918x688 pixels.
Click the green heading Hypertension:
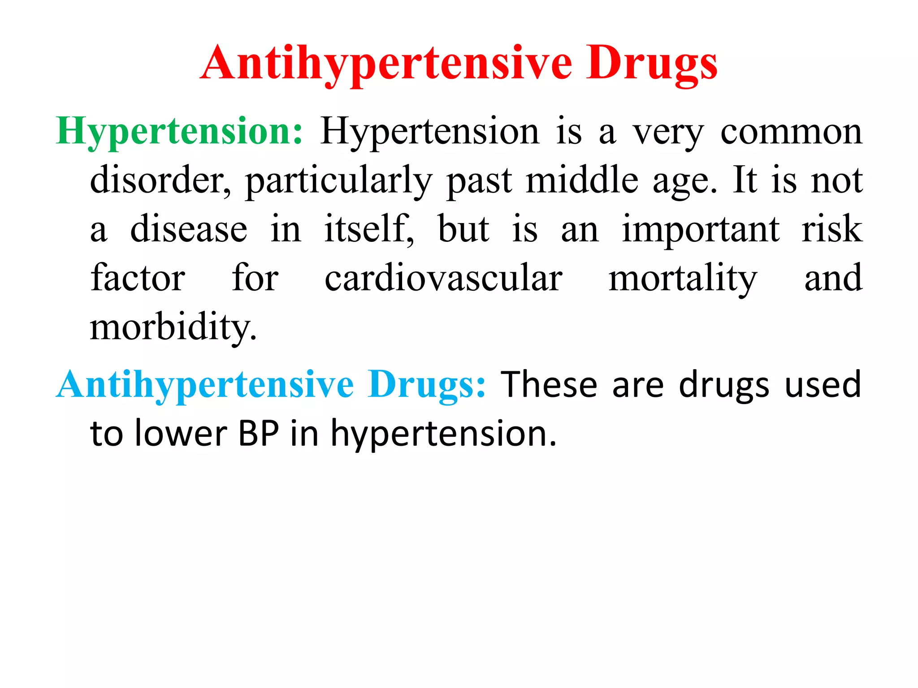pos(180,132)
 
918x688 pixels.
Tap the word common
pos(791,132)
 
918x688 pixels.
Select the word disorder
pos(160,181)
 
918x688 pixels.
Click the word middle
pos(582,181)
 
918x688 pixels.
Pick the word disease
pos(188,229)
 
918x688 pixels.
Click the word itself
pos(368,229)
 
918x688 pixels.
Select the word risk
pos(832,229)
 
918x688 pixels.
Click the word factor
pos(138,278)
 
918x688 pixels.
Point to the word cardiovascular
pos(443,278)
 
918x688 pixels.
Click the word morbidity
pos(173,327)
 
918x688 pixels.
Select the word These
pos(549,385)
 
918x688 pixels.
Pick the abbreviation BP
pos(259,434)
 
